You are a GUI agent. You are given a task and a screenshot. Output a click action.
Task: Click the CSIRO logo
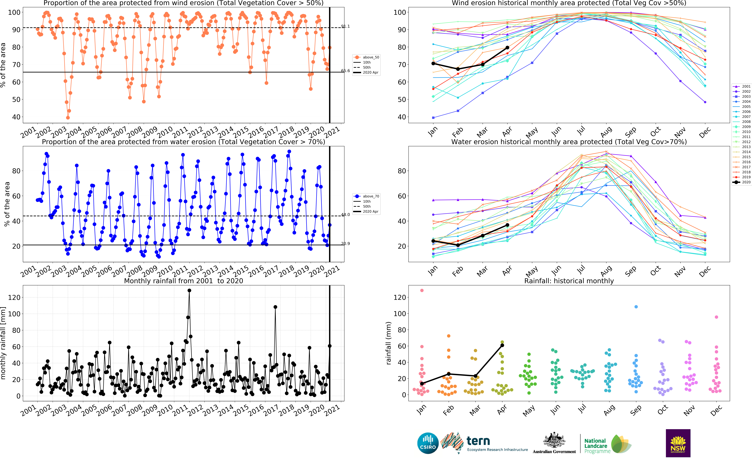coord(428,443)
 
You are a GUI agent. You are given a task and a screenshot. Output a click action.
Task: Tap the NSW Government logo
coord(678,443)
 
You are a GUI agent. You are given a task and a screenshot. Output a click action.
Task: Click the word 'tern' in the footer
coord(478,441)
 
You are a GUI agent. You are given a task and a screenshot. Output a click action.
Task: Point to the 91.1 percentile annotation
coord(345,26)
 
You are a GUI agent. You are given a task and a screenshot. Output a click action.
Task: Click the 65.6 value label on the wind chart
coord(345,71)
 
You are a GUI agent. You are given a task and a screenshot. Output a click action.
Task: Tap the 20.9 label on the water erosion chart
coord(345,243)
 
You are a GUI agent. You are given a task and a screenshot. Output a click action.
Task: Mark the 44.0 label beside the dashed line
coord(345,215)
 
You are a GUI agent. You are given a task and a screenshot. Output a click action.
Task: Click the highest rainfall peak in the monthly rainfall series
coord(189,291)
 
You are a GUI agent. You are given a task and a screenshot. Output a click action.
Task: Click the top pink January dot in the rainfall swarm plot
coord(422,290)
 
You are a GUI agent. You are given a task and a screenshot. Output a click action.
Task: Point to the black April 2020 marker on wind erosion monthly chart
coord(507,47)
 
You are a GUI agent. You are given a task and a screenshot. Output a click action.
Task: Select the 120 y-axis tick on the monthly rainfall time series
coord(14,297)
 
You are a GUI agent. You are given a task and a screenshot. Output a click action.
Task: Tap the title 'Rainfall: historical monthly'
coord(569,281)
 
